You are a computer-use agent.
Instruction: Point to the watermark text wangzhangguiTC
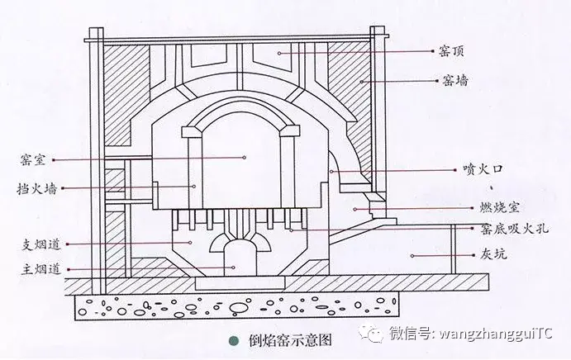[x=496, y=334]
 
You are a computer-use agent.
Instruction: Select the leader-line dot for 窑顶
[x=280, y=51]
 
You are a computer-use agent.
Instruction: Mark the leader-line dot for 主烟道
[x=234, y=268]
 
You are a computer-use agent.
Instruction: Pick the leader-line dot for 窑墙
[x=361, y=81]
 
